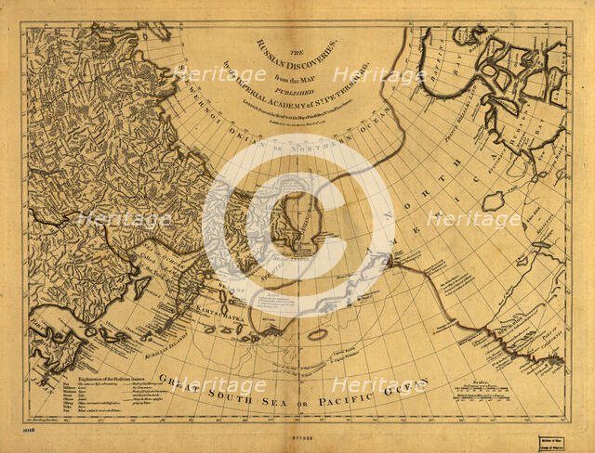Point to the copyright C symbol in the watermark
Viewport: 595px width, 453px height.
coord(298,224)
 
